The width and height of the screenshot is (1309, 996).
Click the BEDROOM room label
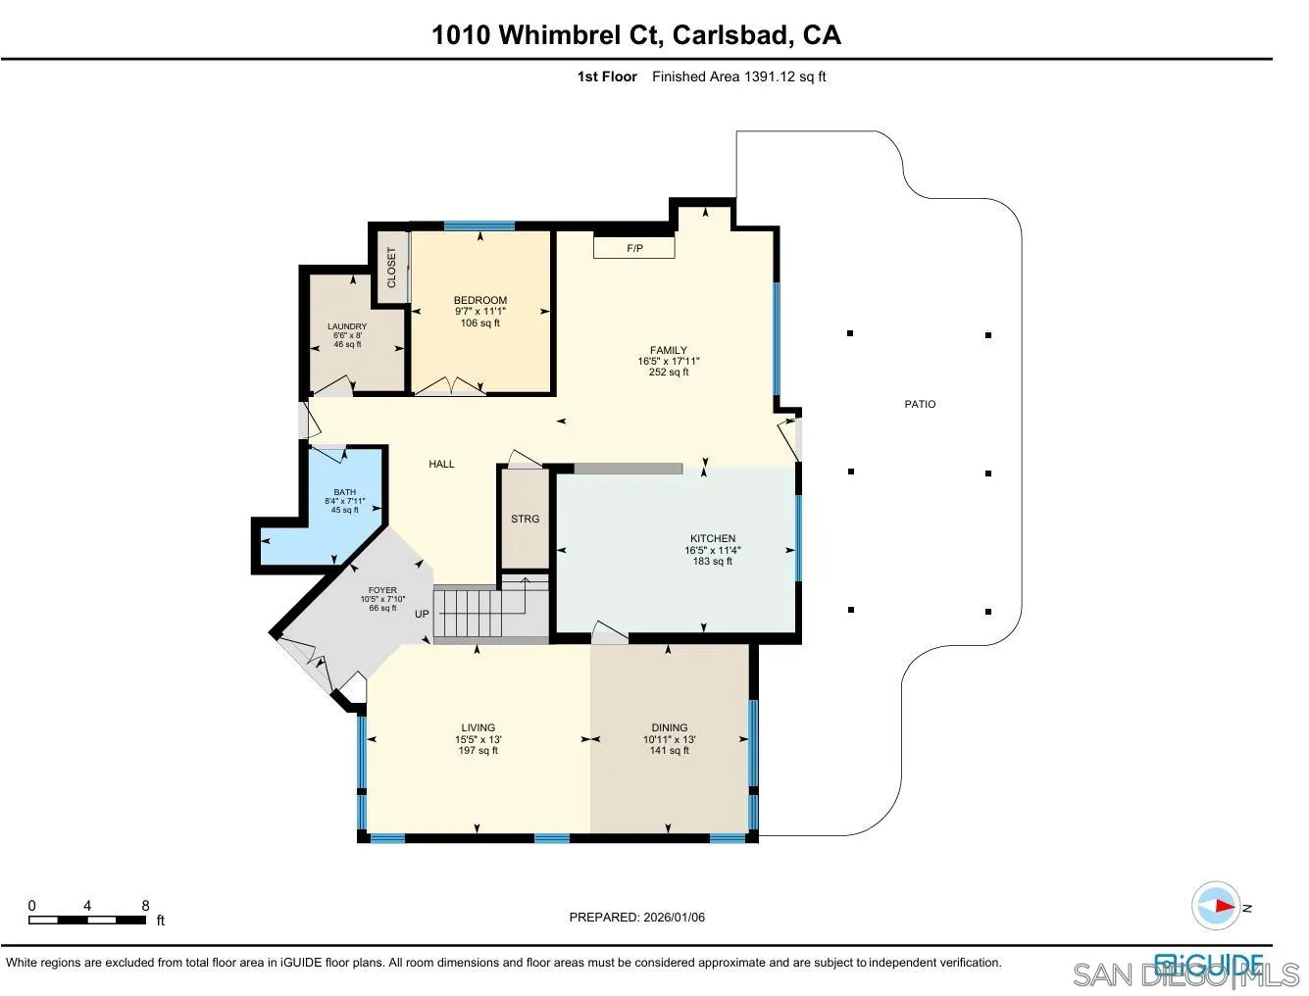(479, 300)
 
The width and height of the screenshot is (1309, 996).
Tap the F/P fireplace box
(634, 249)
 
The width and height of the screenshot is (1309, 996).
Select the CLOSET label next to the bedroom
(392, 267)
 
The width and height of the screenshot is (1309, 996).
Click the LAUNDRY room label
(347, 326)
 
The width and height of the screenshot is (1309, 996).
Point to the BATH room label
(344, 492)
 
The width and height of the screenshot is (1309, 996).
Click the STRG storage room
(525, 519)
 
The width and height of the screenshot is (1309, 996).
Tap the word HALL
(441, 464)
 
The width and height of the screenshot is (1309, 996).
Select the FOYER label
(382, 590)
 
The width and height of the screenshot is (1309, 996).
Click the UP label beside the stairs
(422, 615)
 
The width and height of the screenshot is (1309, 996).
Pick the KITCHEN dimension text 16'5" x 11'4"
(713, 550)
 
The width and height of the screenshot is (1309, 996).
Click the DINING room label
(670, 728)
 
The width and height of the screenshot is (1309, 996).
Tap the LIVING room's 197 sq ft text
(478, 751)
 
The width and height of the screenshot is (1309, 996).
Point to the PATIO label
(920, 404)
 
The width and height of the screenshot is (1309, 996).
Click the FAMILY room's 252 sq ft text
(669, 373)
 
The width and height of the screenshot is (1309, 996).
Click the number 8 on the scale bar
(145, 906)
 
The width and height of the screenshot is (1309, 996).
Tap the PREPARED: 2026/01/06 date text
(637, 918)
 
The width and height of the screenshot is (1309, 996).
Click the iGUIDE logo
(1208, 964)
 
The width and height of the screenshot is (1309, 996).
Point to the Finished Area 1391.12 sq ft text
(739, 76)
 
